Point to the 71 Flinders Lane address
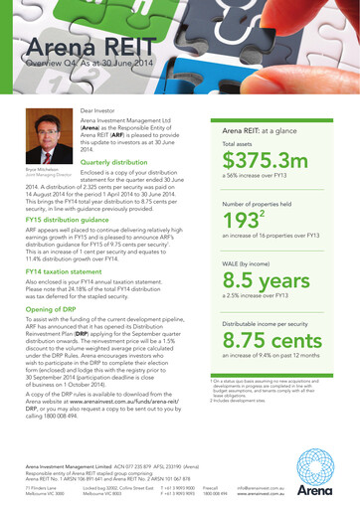tap(42, 488)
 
